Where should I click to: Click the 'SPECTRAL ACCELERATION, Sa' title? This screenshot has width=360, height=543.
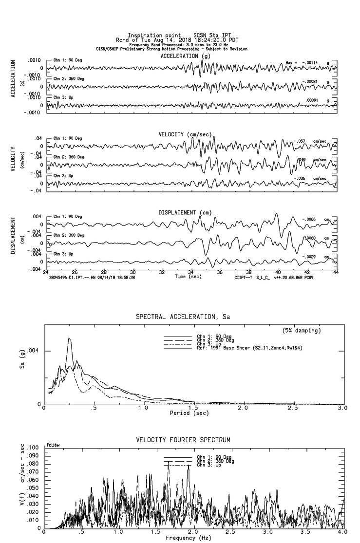[x=183, y=317]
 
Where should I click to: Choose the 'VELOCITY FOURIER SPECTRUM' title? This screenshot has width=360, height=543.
[x=183, y=440]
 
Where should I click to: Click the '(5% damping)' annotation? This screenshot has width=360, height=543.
[x=302, y=331]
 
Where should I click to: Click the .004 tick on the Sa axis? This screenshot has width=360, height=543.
[x=37, y=351]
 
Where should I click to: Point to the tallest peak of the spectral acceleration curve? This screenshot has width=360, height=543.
[x=69, y=338]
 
